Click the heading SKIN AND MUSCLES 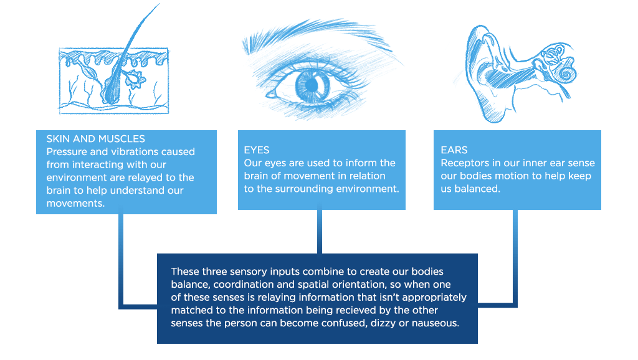pyautogui.click(x=95, y=139)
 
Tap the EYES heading pyautogui.click(x=256, y=150)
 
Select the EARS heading pyautogui.click(x=454, y=150)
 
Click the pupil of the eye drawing pyautogui.click(x=311, y=85)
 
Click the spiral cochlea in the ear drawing pyautogui.click(x=567, y=74)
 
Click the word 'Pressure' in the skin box pyautogui.click(x=67, y=152)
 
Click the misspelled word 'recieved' pyautogui.click(x=346, y=310)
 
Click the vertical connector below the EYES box pyautogui.click(x=320, y=232)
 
